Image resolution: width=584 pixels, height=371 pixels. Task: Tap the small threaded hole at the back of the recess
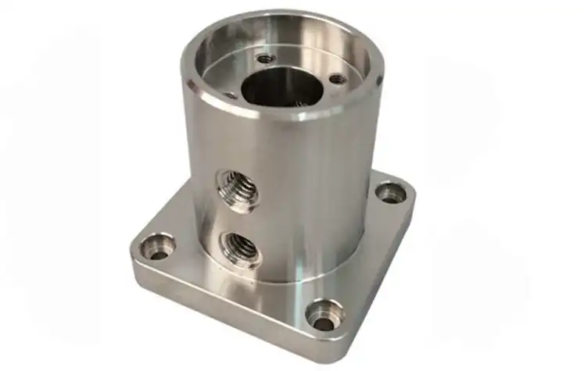pyautogui.click(x=266, y=58)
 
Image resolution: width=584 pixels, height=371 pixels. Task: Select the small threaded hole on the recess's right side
pyautogui.click(x=336, y=79)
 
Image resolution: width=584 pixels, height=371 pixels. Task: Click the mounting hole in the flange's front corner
pyautogui.click(x=324, y=316)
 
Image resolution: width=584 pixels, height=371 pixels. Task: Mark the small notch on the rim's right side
pyautogui.click(x=378, y=80)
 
